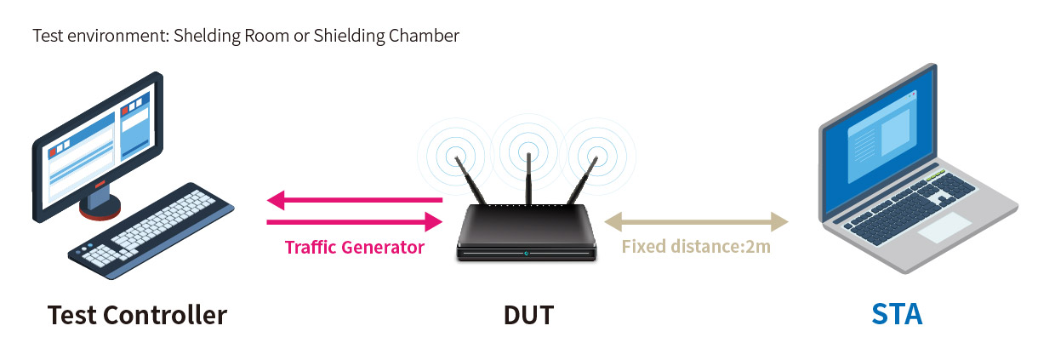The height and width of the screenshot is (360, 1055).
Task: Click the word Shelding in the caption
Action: [x=202, y=36]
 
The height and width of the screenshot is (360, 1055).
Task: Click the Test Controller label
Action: [x=137, y=315]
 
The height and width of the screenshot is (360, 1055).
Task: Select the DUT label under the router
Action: [x=528, y=315]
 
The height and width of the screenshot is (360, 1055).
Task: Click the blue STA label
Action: [x=897, y=315]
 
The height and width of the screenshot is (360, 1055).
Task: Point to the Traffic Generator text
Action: [x=354, y=248]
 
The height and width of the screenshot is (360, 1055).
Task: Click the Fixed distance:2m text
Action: [x=696, y=248]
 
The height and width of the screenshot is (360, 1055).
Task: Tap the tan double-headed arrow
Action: [x=696, y=223]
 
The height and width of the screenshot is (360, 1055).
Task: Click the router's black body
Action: [x=526, y=234]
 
